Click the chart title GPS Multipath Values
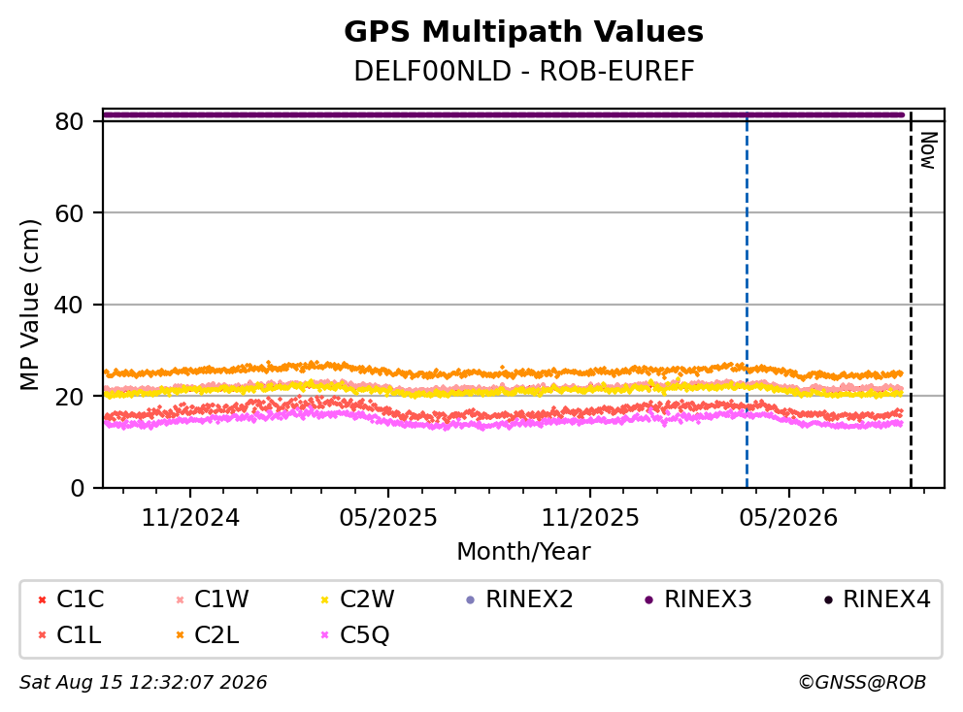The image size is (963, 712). [x=523, y=32]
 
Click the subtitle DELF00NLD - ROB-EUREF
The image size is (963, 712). [x=524, y=71]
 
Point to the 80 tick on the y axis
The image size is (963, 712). [x=69, y=121]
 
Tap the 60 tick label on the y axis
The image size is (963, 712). [x=69, y=213]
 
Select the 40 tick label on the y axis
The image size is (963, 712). [x=69, y=305]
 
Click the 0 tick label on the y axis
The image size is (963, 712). [x=78, y=488]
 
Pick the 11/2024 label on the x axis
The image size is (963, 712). [x=190, y=517]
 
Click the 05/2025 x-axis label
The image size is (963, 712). [x=388, y=517]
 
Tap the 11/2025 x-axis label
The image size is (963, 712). [x=590, y=517]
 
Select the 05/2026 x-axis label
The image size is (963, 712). [x=788, y=517]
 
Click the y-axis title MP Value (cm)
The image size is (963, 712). [x=29, y=305]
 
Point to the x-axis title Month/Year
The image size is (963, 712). [x=523, y=551]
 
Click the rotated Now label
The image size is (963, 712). [x=928, y=150]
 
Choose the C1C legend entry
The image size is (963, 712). [x=71, y=599]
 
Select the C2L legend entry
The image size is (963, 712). [x=208, y=634]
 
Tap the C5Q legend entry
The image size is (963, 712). [x=355, y=634]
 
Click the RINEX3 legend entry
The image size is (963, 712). [x=698, y=599]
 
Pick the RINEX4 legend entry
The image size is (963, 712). [x=877, y=599]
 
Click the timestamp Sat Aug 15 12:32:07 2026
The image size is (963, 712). [x=144, y=682]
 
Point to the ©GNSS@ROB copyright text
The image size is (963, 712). [x=862, y=682]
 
